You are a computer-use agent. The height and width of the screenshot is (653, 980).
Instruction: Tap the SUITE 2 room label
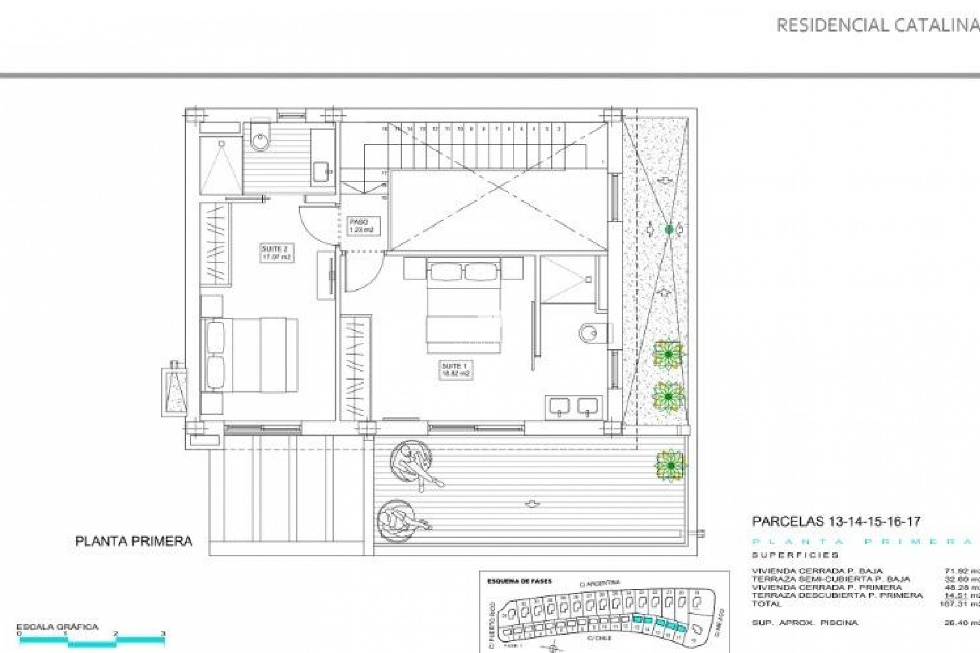[276, 253]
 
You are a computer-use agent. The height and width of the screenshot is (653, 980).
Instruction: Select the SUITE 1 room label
[455, 370]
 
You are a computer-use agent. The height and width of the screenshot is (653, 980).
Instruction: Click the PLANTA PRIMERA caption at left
[134, 541]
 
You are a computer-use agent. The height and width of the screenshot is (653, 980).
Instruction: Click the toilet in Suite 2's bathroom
[261, 138]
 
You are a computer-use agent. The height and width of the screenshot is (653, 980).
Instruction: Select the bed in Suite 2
[250, 356]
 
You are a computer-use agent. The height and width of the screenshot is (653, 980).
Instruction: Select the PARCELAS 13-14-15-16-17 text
[836, 521]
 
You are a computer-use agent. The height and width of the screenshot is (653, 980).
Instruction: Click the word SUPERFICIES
[795, 555]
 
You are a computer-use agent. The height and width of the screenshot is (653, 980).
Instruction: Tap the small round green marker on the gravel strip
[669, 230]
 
